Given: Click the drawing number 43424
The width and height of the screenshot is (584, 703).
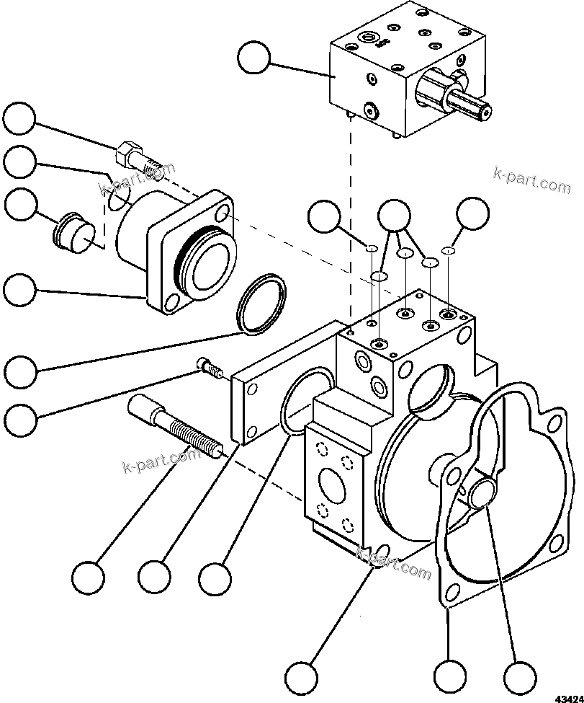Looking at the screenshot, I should click(568, 698).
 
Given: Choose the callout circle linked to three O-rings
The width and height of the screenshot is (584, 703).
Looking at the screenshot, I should click(394, 213).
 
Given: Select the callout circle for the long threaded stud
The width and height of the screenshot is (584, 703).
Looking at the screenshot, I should click(88, 577).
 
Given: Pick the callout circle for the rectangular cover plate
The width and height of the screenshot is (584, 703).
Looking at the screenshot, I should click(154, 577).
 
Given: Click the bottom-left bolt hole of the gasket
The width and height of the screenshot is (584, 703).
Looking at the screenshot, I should click(453, 593).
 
